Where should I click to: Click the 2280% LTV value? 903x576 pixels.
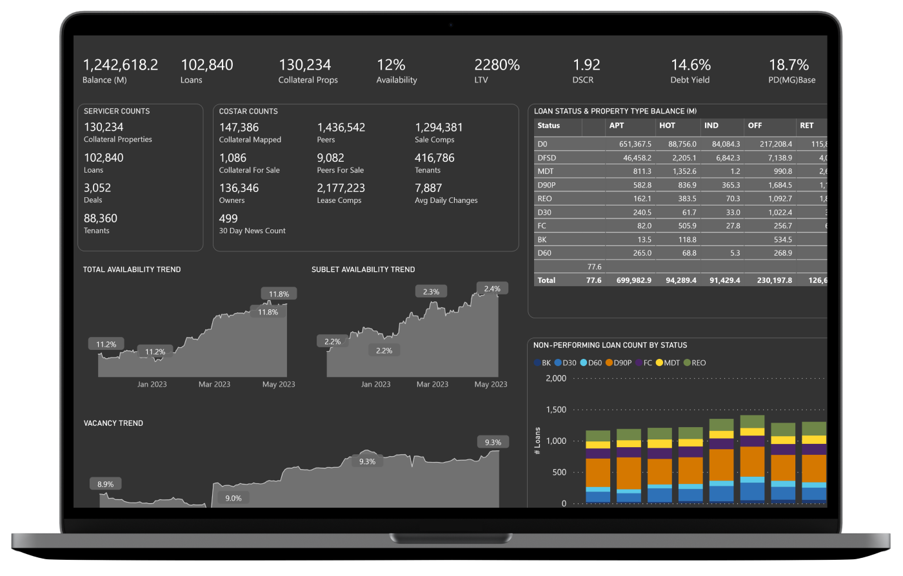point(497,65)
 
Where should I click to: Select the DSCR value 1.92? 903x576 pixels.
point(586,65)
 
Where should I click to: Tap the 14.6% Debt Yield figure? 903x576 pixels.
point(690,65)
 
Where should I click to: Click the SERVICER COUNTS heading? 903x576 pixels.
point(117,111)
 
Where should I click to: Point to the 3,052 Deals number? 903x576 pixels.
point(97,188)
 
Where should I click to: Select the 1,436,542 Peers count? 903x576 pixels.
point(341,128)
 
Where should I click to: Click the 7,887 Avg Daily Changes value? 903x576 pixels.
point(428,188)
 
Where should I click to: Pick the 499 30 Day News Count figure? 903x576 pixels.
point(228,218)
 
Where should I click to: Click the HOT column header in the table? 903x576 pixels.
point(667,126)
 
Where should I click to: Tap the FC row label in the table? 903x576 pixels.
point(542,226)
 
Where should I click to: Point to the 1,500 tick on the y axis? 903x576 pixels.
point(555,410)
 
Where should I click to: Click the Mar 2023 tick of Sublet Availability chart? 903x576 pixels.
point(432,385)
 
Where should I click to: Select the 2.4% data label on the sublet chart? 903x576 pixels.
point(492,289)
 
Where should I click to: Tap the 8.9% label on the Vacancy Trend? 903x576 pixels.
point(105,485)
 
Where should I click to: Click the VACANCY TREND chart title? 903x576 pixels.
point(114,423)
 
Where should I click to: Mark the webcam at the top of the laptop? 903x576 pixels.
point(451,25)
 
